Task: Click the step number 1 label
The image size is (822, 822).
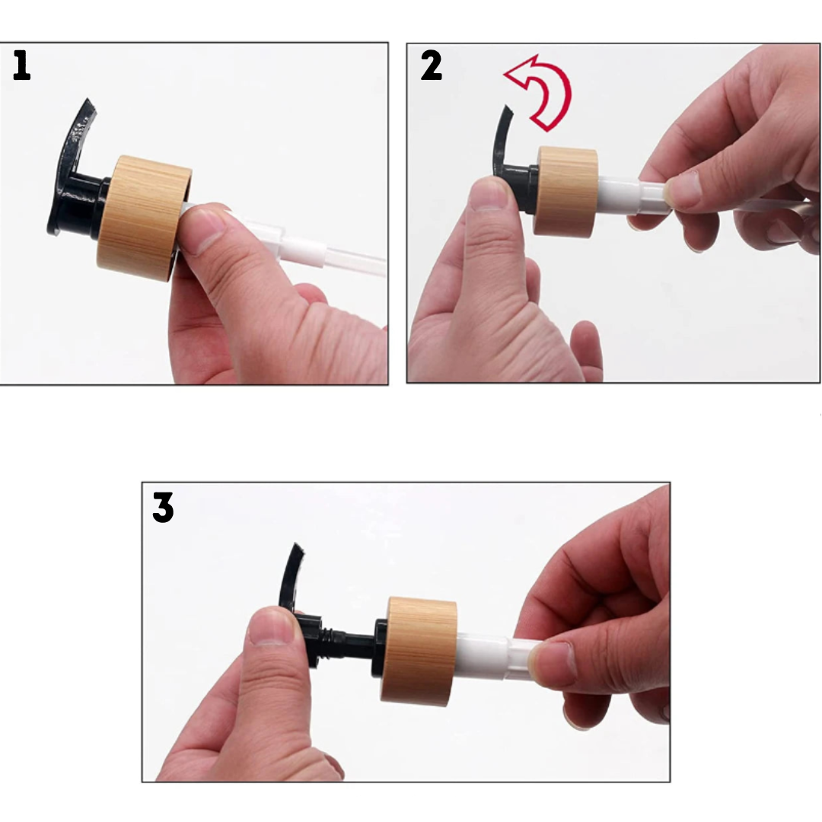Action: click(21, 66)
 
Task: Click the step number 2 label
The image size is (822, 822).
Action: click(431, 66)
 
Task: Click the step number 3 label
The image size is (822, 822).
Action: click(163, 507)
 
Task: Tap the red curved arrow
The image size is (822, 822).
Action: click(542, 91)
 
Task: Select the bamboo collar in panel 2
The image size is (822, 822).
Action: click(566, 190)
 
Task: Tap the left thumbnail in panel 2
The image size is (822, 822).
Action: click(489, 194)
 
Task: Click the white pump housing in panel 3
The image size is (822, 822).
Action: click(487, 655)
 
